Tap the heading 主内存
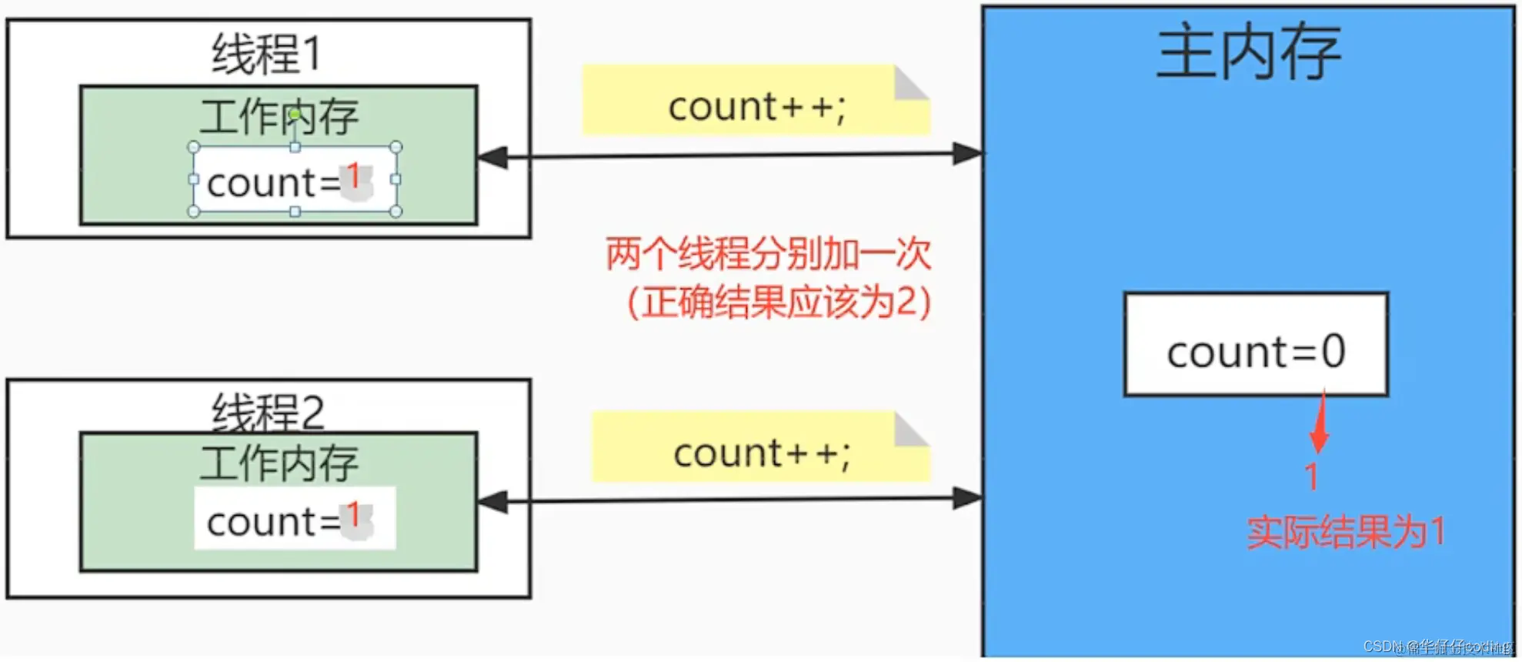point(1248,52)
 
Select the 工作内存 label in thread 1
point(279,117)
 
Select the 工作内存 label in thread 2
point(279,463)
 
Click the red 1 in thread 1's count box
point(353,176)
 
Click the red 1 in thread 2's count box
point(353,515)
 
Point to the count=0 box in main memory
point(1256,345)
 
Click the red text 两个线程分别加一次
point(768,253)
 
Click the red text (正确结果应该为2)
point(779,302)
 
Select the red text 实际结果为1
point(1345,532)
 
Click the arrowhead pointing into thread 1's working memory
point(492,158)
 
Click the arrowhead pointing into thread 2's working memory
point(492,502)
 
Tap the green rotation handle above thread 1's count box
point(295,114)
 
